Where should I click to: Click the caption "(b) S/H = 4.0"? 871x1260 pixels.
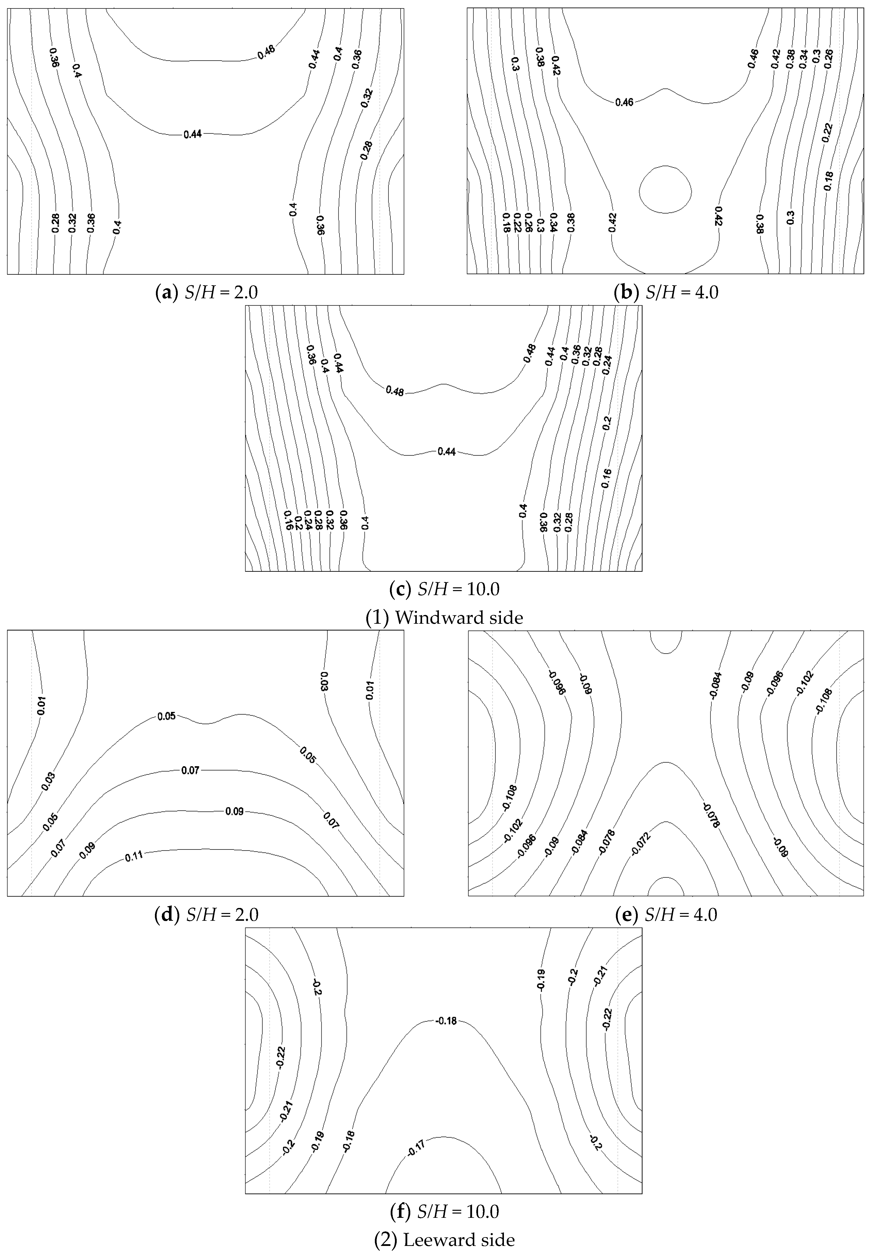click(x=666, y=293)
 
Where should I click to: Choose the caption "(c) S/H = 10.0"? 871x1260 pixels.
click(x=444, y=589)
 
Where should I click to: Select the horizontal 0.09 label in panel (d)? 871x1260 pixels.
click(x=235, y=812)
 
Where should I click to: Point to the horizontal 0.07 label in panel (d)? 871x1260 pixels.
click(x=191, y=771)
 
